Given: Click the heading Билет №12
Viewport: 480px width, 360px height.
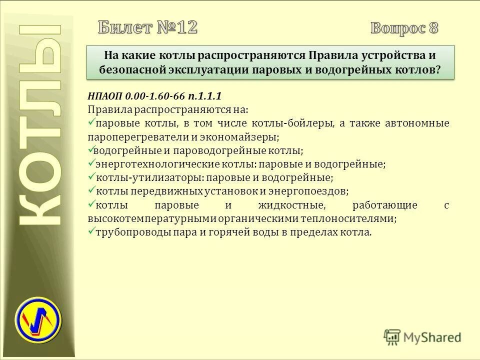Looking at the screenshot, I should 147,27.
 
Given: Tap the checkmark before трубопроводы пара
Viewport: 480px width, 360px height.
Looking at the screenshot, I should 91,232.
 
